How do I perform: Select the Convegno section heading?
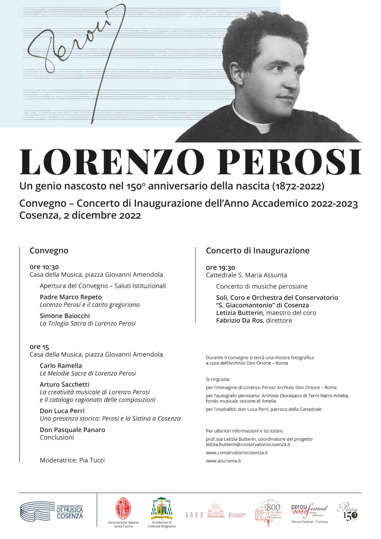(x=49, y=251)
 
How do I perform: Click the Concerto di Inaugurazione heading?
(x=257, y=251)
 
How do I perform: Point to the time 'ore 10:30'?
(x=44, y=267)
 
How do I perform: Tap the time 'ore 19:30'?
(x=220, y=267)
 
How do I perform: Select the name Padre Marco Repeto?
(x=70, y=297)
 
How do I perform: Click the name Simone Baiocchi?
(x=65, y=316)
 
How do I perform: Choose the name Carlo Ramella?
(x=61, y=366)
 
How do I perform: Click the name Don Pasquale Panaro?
(x=72, y=430)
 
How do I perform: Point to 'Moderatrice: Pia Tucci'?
(x=72, y=460)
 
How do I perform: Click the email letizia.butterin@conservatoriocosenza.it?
(x=248, y=444)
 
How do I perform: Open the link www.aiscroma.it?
(x=223, y=461)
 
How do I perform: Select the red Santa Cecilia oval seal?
(x=123, y=509)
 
